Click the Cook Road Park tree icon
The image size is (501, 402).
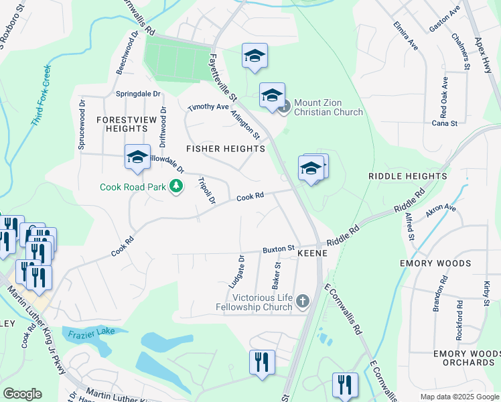pyautogui.click(x=176, y=186)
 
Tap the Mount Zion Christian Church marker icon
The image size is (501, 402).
pyautogui.click(x=285, y=106)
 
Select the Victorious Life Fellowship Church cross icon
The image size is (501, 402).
pyautogui.click(x=302, y=301)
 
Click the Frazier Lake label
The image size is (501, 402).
pyautogui.click(x=89, y=331)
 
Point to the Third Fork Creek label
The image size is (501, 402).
pyautogui.click(x=41, y=96)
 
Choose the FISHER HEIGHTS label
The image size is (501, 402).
pyautogui.click(x=226, y=148)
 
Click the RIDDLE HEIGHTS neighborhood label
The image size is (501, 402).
pyautogui.click(x=407, y=176)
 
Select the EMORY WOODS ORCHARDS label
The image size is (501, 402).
pyautogui.click(x=463, y=358)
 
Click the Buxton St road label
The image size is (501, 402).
pyautogui.click(x=279, y=249)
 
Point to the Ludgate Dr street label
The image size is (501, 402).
pyautogui.click(x=241, y=267)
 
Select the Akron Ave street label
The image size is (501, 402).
pyautogui.click(x=441, y=213)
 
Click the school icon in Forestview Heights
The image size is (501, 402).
pyautogui.click(x=137, y=157)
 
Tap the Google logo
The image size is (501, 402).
pyautogui.click(x=23, y=393)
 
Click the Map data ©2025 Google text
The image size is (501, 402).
pyautogui.click(x=459, y=397)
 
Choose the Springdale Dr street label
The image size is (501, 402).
pyautogui.click(x=139, y=94)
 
